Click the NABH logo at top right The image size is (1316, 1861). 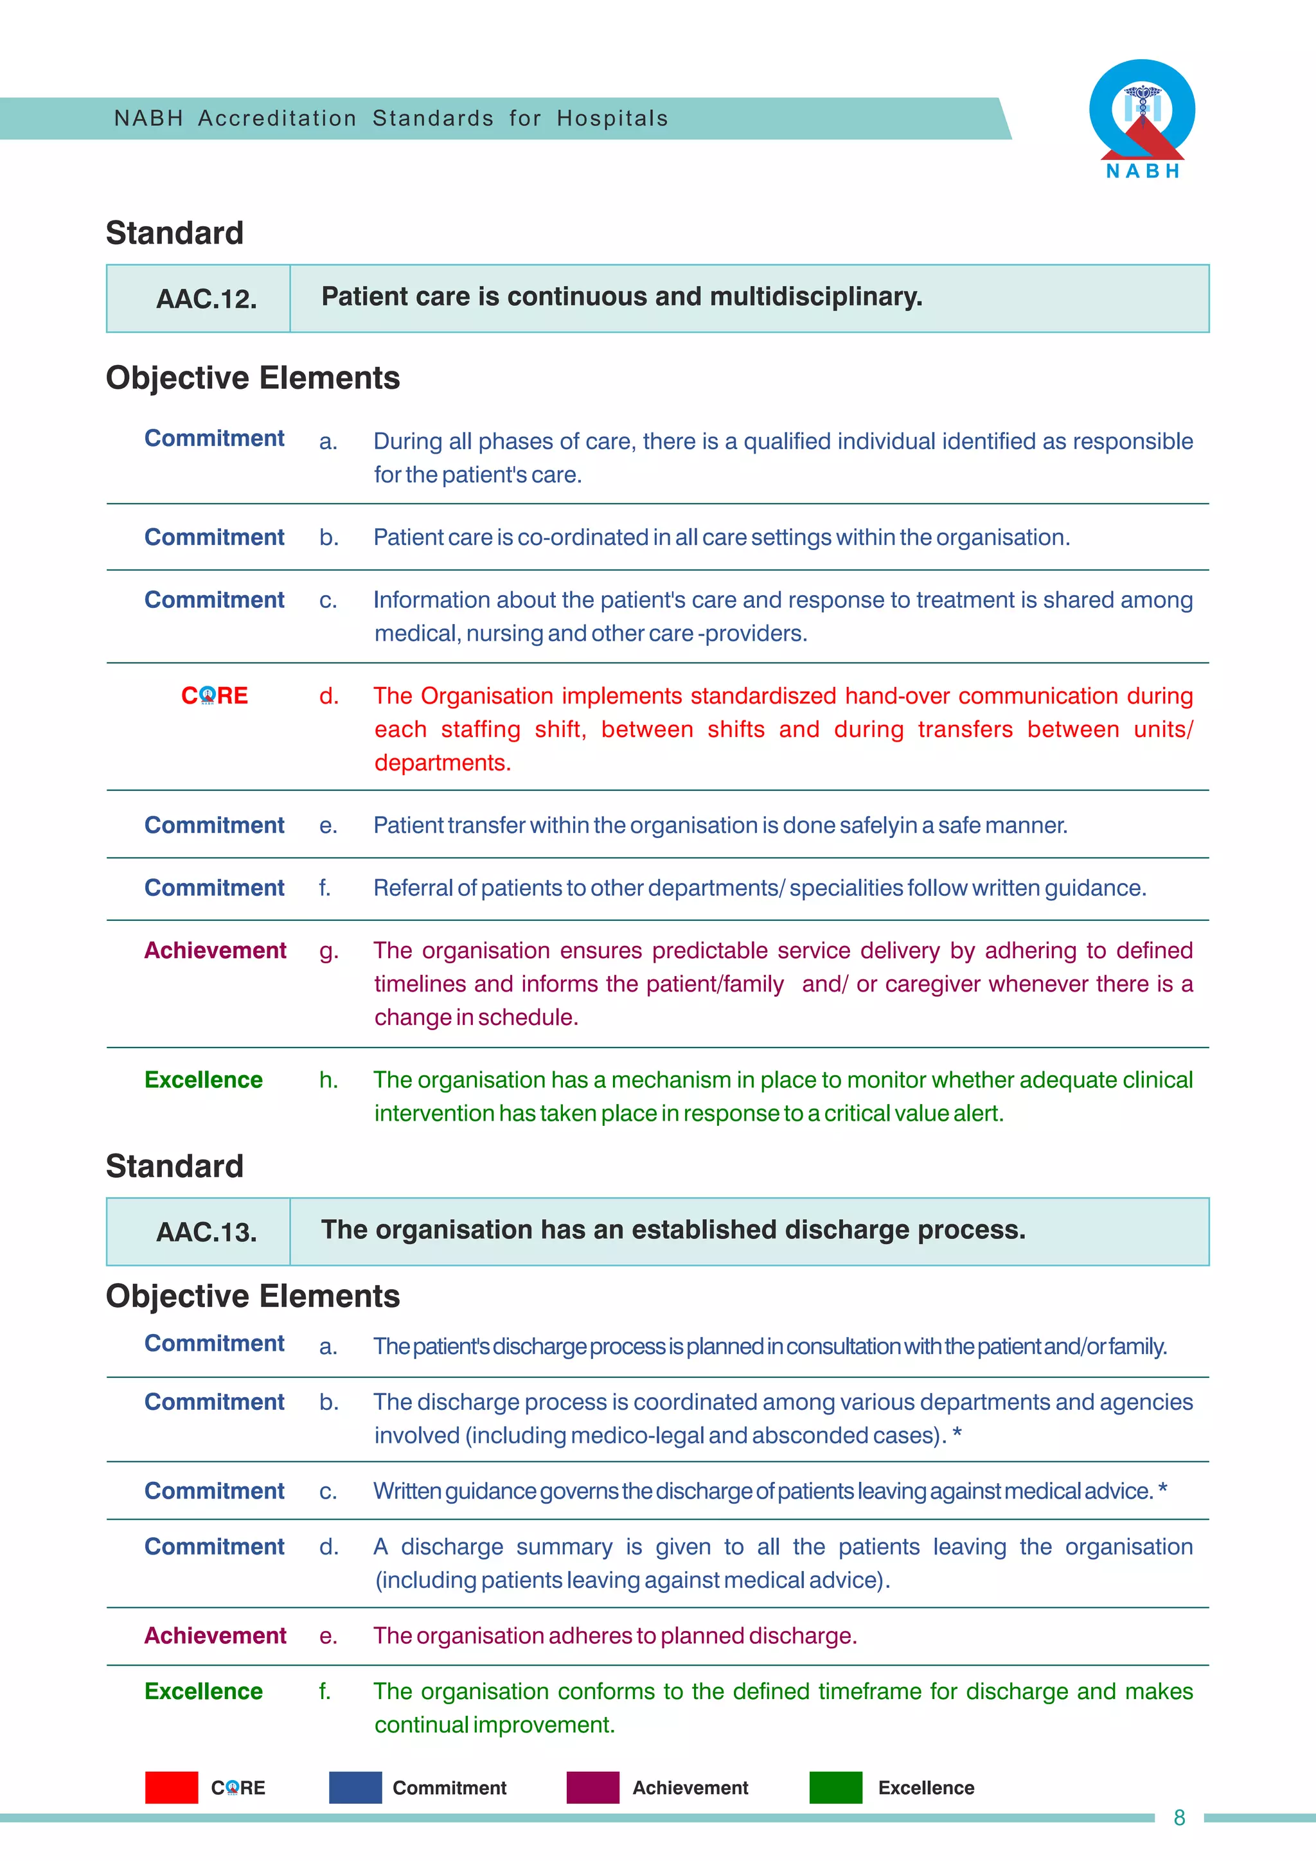tap(1142, 118)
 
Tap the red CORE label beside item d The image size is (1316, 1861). tap(214, 695)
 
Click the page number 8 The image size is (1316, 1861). tap(1179, 1818)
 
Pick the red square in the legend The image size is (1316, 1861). tap(171, 1787)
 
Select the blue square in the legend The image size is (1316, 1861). tap(355, 1787)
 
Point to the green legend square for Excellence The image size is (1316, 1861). tap(835, 1787)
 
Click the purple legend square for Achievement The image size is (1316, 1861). tap(592, 1787)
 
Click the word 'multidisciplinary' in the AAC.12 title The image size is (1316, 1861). tap(815, 297)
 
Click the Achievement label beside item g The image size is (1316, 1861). tap(215, 950)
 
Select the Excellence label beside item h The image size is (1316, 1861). tap(204, 1080)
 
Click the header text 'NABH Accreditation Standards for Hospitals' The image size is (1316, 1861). tap(391, 118)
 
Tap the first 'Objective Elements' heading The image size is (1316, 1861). tap(253, 378)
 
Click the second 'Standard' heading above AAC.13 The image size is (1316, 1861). tap(174, 1166)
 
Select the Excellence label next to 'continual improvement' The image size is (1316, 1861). tap(204, 1691)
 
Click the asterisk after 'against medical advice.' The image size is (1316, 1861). tap(1163, 1488)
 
